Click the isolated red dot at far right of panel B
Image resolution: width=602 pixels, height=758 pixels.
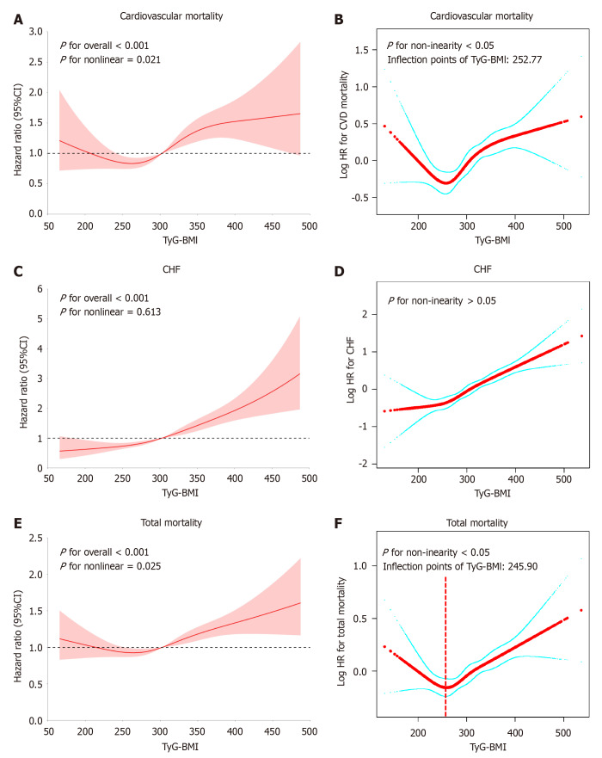tap(582, 117)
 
